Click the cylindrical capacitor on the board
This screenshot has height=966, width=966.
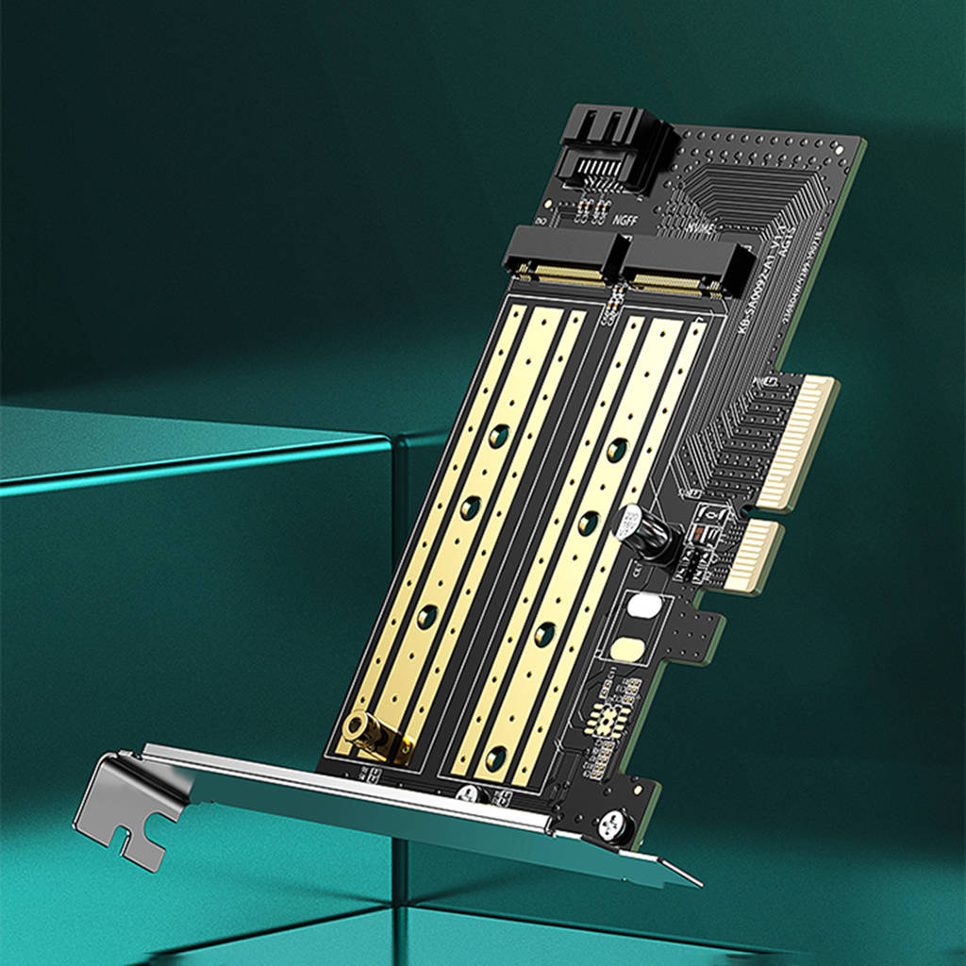point(647,535)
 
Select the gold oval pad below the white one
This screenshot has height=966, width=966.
point(625,649)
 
